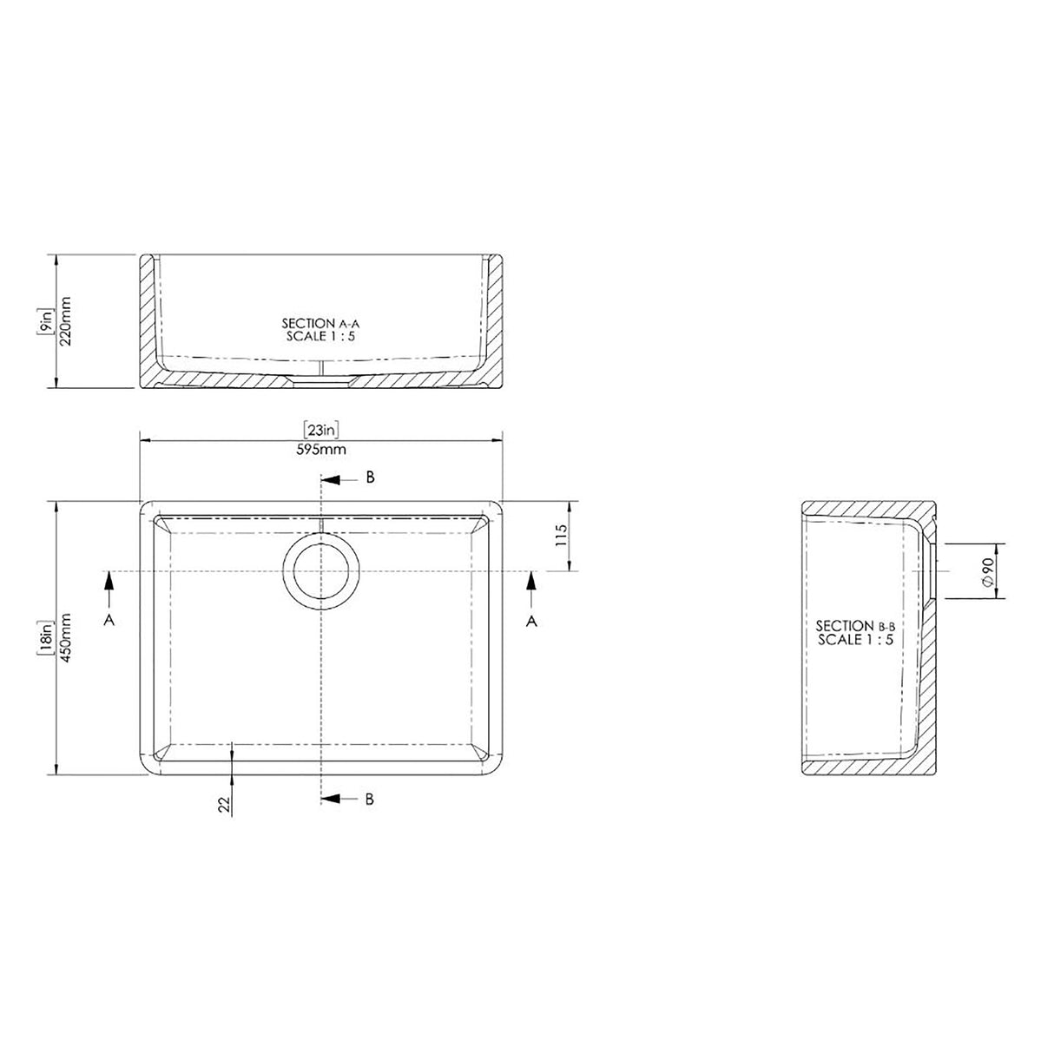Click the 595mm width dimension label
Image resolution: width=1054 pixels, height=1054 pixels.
point(321,450)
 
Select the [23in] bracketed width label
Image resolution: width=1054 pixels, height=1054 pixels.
point(320,430)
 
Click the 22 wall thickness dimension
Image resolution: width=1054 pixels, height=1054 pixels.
point(223,805)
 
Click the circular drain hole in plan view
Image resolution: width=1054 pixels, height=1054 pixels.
point(321,571)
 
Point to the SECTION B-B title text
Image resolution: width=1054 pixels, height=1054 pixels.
point(855,625)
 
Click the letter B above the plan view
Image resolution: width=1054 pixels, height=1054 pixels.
point(369,478)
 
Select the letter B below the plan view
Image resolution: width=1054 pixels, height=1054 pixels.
point(369,799)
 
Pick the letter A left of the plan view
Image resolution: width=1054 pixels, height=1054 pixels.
point(109,619)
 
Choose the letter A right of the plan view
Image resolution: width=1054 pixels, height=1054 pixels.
point(532,619)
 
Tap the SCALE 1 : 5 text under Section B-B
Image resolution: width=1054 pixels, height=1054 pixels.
point(855,639)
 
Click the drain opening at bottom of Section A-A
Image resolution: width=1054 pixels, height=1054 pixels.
point(321,379)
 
